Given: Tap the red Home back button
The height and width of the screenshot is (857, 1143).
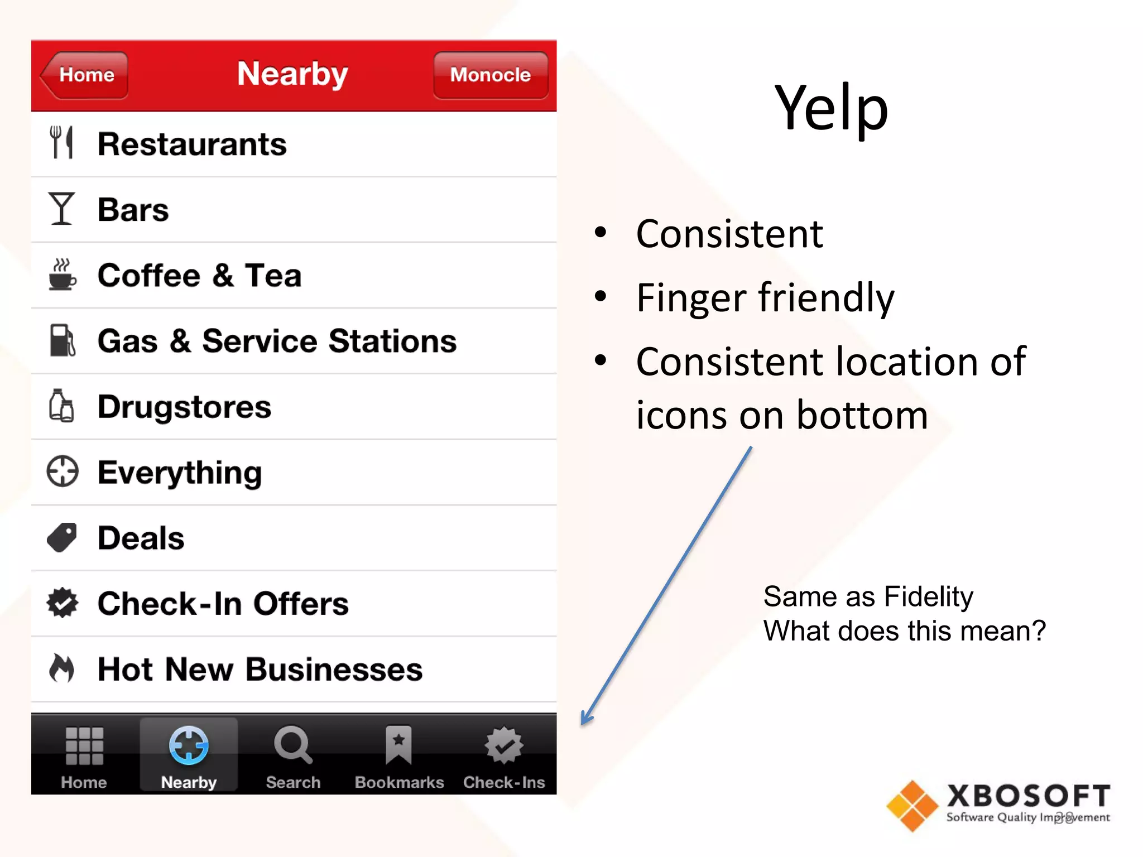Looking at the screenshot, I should click(85, 75).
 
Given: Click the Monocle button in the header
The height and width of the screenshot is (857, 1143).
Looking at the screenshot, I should click(491, 75).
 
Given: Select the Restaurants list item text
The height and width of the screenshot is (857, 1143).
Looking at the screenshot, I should click(192, 145).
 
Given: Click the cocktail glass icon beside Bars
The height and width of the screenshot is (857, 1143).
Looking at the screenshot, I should click(61, 209).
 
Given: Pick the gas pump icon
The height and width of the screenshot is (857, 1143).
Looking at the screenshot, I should click(62, 340).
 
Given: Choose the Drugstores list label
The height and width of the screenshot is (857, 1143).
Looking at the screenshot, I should click(184, 407).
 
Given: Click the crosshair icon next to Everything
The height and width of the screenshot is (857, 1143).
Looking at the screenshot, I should click(63, 471).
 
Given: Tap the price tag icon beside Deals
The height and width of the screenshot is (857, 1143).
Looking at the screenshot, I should click(62, 537).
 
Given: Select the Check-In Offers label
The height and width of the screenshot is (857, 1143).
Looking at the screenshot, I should click(223, 604).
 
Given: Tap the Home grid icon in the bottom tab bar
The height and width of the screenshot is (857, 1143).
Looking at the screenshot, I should click(84, 746).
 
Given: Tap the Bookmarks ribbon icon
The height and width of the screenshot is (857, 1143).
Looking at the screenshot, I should click(398, 745).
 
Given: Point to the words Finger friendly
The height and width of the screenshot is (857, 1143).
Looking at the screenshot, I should click(765, 297).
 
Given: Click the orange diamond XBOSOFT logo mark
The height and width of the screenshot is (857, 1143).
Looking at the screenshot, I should click(913, 806).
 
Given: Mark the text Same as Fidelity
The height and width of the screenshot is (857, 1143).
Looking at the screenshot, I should click(868, 596).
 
